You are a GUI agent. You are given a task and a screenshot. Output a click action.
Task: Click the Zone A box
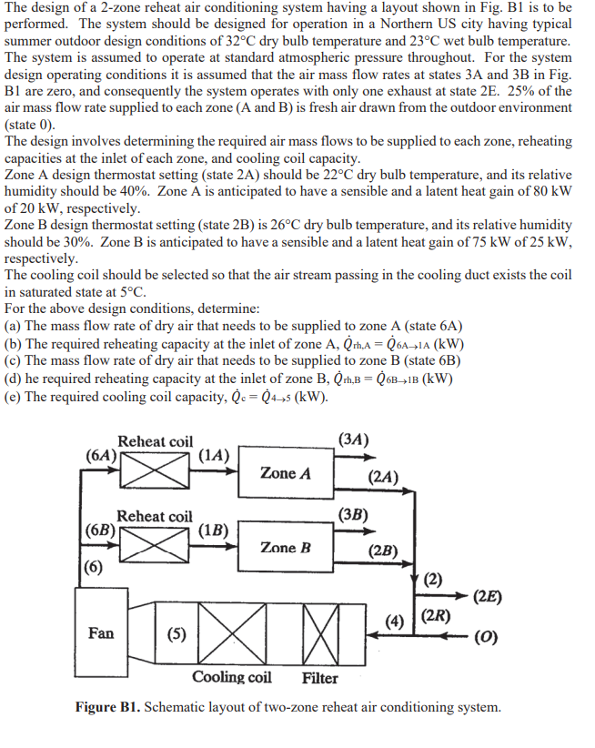click(285, 473)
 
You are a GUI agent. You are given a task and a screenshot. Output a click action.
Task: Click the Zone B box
click(285, 548)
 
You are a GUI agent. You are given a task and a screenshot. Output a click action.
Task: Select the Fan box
click(101, 632)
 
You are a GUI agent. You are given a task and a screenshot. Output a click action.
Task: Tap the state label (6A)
click(101, 455)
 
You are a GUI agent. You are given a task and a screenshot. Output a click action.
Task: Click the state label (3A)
click(352, 440)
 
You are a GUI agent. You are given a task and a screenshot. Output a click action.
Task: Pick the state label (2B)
click(383, 551)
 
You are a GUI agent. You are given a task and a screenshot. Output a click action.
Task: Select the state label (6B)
click(101, 530)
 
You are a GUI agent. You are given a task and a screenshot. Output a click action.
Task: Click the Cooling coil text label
click(231, 677)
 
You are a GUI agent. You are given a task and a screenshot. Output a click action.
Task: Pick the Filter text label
click(319, 678)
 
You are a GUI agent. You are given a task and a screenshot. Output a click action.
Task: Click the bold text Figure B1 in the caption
click(107, 707)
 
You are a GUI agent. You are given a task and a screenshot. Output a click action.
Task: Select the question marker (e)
click(13, 397)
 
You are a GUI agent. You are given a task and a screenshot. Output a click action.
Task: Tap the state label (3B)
click(351, 515)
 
